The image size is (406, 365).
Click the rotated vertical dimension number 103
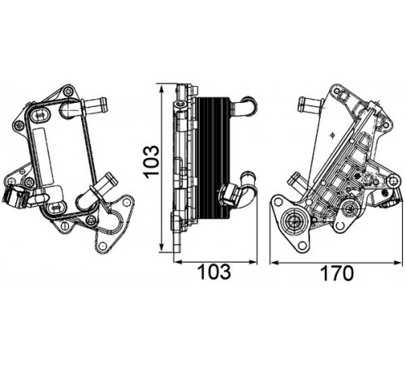tap(152, 162)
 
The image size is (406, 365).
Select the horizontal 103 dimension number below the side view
tap(214, 273)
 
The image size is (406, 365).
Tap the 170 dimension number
tap(337, 273)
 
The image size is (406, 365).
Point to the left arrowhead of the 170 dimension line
tap(274, 262)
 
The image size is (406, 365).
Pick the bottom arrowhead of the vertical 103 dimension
tap(162, 247)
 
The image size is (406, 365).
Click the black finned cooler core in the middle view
tap(213, 158)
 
